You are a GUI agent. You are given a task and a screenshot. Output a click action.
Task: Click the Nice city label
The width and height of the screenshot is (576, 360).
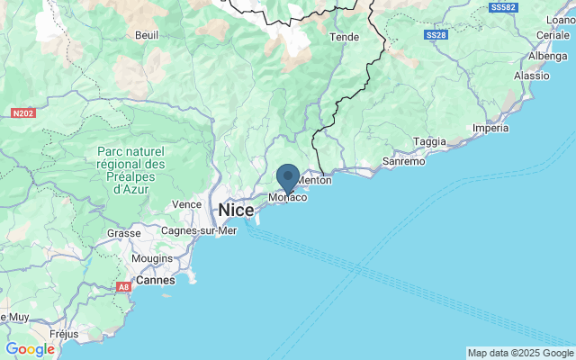pyautogui.click(x=236, y=210)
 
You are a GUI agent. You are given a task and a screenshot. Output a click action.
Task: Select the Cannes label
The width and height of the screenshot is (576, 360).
pyautogui.click(x=156, y=281)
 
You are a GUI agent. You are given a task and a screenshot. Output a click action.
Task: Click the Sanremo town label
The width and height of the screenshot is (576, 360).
pyautogui.click(x=404, y=162)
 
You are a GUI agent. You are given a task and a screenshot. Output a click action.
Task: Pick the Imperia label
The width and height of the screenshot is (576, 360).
pyautogui.click(x=490, y=128)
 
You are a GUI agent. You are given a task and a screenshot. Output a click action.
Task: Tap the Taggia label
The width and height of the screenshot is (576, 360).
pyautogui.click(x=429, y=141)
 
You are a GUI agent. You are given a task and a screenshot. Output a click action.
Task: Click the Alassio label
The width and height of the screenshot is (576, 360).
pyautogui.click(x=531, y=76)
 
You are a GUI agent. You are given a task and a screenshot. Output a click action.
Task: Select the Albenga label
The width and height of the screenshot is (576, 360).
pyautogui.click(x=548, y=56)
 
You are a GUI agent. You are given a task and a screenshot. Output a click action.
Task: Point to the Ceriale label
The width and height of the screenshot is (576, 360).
pyautogui.click(x=552, y=35)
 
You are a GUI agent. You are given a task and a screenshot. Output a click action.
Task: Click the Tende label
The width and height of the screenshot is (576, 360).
pyautogui.click(x=345, y=38)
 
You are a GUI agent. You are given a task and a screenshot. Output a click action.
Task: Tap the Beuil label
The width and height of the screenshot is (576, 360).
pyautogui.click(x=146, y=35)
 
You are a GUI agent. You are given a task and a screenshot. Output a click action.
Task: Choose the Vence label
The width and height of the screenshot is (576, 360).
pyautogui.click(x=186, y=204)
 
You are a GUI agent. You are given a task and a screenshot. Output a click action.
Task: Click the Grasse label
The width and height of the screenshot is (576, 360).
pyautogui.click(x=123, y=233)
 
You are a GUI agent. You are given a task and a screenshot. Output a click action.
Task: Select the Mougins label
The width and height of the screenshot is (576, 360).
pyautogui.click(x=151, y=258)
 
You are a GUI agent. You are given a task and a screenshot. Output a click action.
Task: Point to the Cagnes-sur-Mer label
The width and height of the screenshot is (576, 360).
pyautogui.click(x=199, y=230)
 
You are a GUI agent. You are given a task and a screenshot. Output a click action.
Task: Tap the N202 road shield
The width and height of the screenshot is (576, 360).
pyautogui.click(x=22, y=114)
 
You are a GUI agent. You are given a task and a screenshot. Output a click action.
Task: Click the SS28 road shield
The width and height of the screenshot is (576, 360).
pyautogui.click(x=436, y=35)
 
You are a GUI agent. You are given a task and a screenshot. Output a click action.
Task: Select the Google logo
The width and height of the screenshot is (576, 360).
pyautogui.click(x=30, y=349)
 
